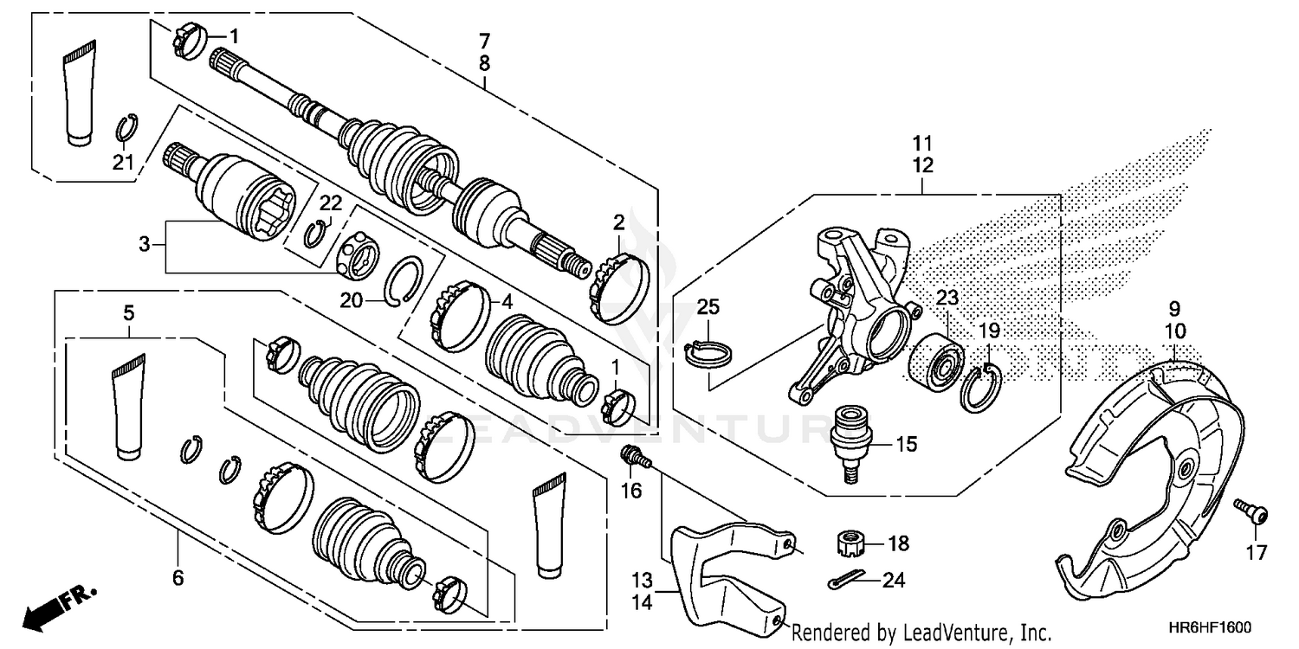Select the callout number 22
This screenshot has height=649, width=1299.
click(331, 203)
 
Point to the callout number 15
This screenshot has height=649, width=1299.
click(906, 445)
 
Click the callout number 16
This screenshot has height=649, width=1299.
click(631, 492)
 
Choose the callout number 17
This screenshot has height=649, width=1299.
click(1256, 552)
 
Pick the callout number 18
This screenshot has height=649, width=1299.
click(899, 543)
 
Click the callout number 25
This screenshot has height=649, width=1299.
click(708, 307)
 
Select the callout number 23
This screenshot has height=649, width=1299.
click(947, 299)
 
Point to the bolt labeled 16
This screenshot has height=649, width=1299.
click(632, 455)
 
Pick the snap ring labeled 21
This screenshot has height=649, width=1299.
click(126, 128)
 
